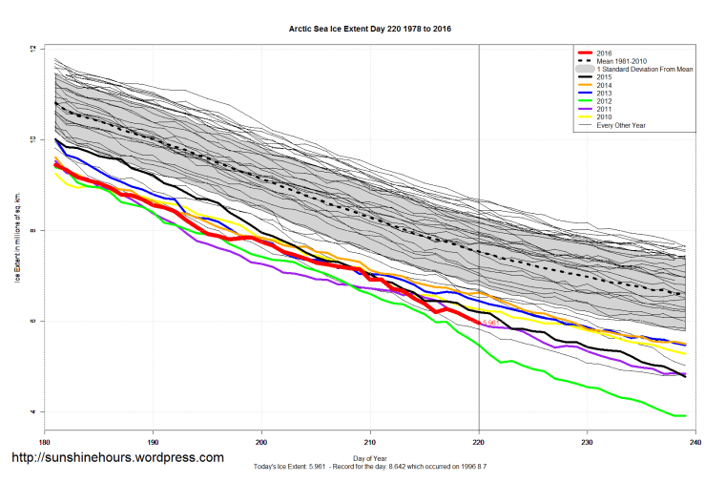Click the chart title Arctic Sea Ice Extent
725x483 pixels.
pos(370,30)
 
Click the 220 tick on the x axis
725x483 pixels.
pos(479,442)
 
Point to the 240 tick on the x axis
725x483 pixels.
pos(695,442)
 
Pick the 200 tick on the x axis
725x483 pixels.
pos(261,442)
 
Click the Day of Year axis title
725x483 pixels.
pos(369,459)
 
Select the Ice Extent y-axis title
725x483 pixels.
pos(16,230)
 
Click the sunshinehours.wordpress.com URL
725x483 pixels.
pos(117,457)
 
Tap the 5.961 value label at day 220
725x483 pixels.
pos(490,324)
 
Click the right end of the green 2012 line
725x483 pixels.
pos(685,415)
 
